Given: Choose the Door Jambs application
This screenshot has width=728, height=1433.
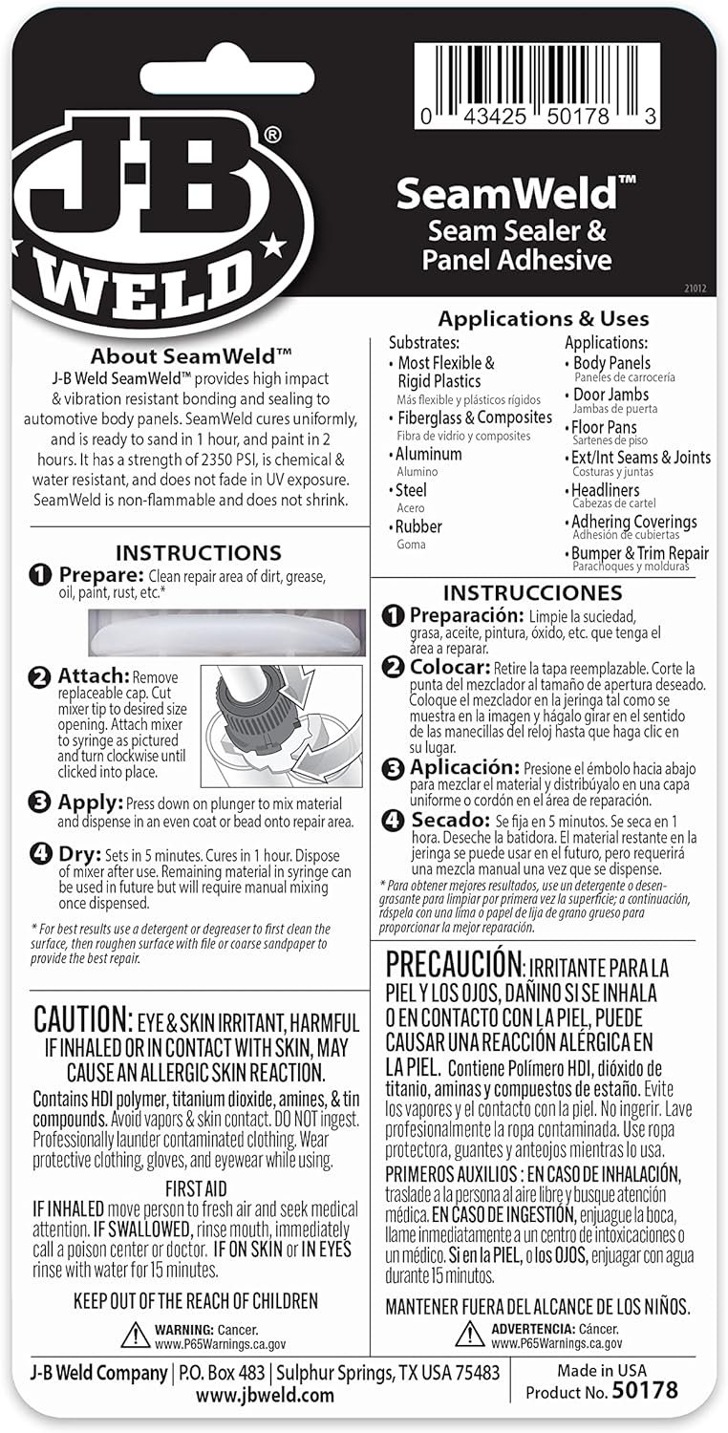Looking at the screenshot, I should pos(611,395).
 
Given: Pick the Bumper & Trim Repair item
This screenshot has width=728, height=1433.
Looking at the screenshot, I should pos(640,553).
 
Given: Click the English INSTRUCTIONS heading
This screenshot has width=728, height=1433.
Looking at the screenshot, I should pos(198,553).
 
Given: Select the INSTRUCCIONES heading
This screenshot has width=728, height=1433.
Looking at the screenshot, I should pos(519,593).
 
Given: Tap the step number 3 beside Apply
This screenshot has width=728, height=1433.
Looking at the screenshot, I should pos(40,802).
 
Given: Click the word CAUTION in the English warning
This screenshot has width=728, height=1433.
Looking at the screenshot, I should pos(81,1019).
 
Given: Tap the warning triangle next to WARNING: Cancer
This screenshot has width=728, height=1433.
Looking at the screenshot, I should pos(136,1335).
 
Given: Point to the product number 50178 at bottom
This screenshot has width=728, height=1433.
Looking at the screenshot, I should pos(645,1391).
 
